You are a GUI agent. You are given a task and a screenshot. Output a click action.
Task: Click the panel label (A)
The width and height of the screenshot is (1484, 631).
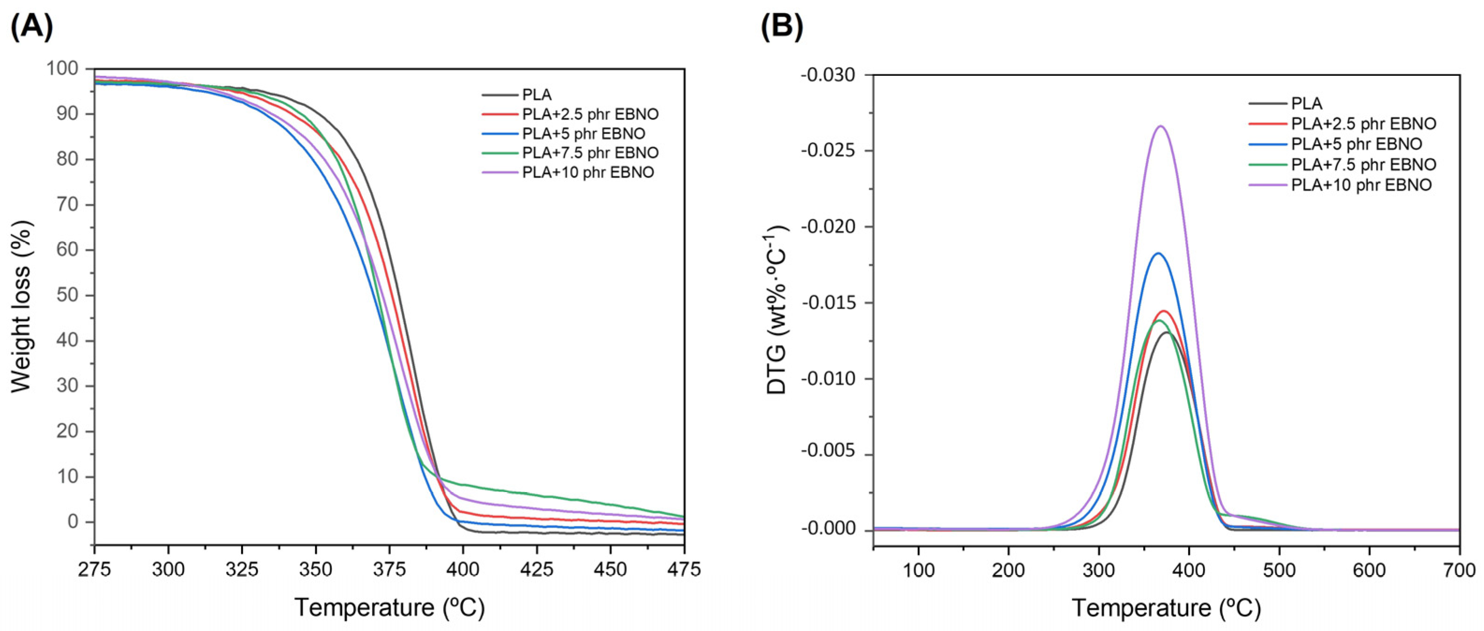click(32, 26)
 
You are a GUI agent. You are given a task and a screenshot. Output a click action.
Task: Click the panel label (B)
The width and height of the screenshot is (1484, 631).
click(782, 26)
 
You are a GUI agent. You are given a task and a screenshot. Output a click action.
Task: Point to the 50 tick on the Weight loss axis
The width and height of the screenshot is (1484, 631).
click(68, 295)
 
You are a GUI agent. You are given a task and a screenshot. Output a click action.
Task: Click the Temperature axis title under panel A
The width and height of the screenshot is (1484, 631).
click(389, 608)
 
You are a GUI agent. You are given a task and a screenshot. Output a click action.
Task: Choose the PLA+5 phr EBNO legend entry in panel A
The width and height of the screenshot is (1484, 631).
click(583, 134)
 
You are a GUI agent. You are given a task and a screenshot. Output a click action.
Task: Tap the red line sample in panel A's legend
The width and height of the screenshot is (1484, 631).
click(500, 115)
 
